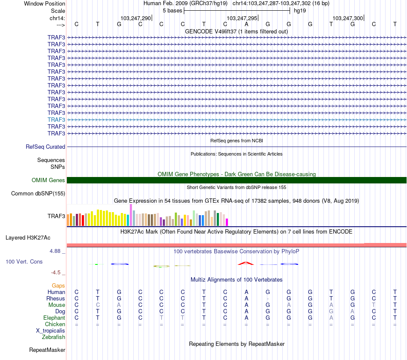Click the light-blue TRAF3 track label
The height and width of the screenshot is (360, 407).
57,120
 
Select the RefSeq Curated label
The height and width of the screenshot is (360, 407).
45,147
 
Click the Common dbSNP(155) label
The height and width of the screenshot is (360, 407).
38,194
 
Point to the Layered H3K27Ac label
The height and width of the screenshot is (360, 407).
28,237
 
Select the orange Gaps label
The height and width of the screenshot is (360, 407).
58,285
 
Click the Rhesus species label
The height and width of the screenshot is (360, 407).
56,298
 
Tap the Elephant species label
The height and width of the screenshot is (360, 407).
54,318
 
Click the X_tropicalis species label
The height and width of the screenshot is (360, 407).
51,331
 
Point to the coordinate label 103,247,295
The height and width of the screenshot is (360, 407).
242,18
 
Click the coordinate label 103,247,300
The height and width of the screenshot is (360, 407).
348,18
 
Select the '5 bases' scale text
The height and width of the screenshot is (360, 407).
172,10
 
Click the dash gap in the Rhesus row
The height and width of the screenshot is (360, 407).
267,298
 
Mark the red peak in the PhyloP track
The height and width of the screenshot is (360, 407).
246,263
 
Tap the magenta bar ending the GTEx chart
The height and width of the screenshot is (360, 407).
227,222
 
